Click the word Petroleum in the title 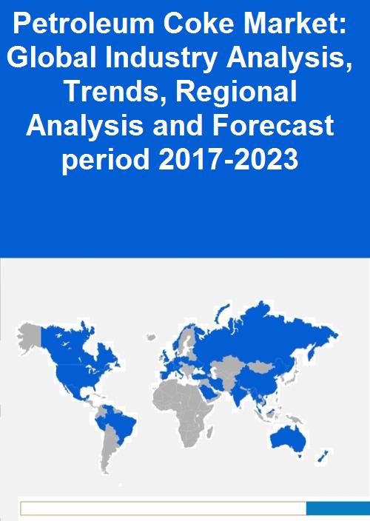point(84,24)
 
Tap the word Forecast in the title point(273,125)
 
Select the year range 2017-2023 point(229,159)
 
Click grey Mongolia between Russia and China point(261,367)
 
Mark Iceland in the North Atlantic point(151,337)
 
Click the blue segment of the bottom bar point(338,508)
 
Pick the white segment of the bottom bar point(164,508)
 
